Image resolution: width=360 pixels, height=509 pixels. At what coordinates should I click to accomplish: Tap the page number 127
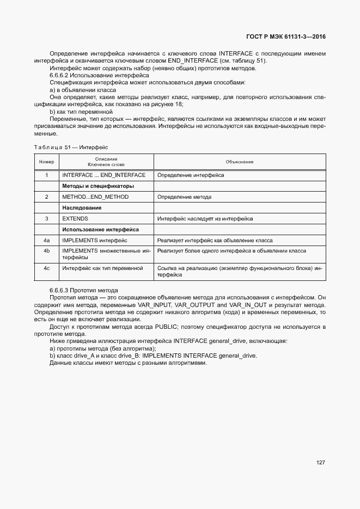coord(320,463)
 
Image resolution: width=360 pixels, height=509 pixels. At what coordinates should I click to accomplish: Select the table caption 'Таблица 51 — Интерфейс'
coord(71,147)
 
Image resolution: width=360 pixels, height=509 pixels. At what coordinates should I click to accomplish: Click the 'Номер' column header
coord(46,162)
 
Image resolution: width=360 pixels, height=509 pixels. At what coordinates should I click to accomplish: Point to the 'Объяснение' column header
coord(240,162)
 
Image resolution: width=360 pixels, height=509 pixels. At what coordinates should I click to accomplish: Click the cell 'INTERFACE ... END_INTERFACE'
coord(103,175)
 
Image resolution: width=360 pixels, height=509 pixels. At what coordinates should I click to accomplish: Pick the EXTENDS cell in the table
coord(75,219)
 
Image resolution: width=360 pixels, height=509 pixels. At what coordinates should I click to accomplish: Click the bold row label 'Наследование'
coord(82,208)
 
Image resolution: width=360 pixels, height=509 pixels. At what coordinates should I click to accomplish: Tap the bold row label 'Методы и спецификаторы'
coord(98,186)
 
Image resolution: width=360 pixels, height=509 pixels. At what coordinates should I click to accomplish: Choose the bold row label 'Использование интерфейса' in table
coord(100,230)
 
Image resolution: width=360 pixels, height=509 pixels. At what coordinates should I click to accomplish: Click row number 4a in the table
coord(46,240)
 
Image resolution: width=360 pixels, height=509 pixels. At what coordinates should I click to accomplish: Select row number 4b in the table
coord(46,251)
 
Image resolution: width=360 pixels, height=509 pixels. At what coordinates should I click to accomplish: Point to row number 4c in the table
coord(46,268)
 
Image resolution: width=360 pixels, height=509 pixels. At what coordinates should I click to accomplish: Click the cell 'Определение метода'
coord(184,197)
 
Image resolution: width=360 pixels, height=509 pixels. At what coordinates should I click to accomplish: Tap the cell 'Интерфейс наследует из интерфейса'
coord(205,219)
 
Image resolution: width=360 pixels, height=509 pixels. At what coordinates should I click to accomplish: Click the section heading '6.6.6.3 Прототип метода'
coord(83,290)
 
